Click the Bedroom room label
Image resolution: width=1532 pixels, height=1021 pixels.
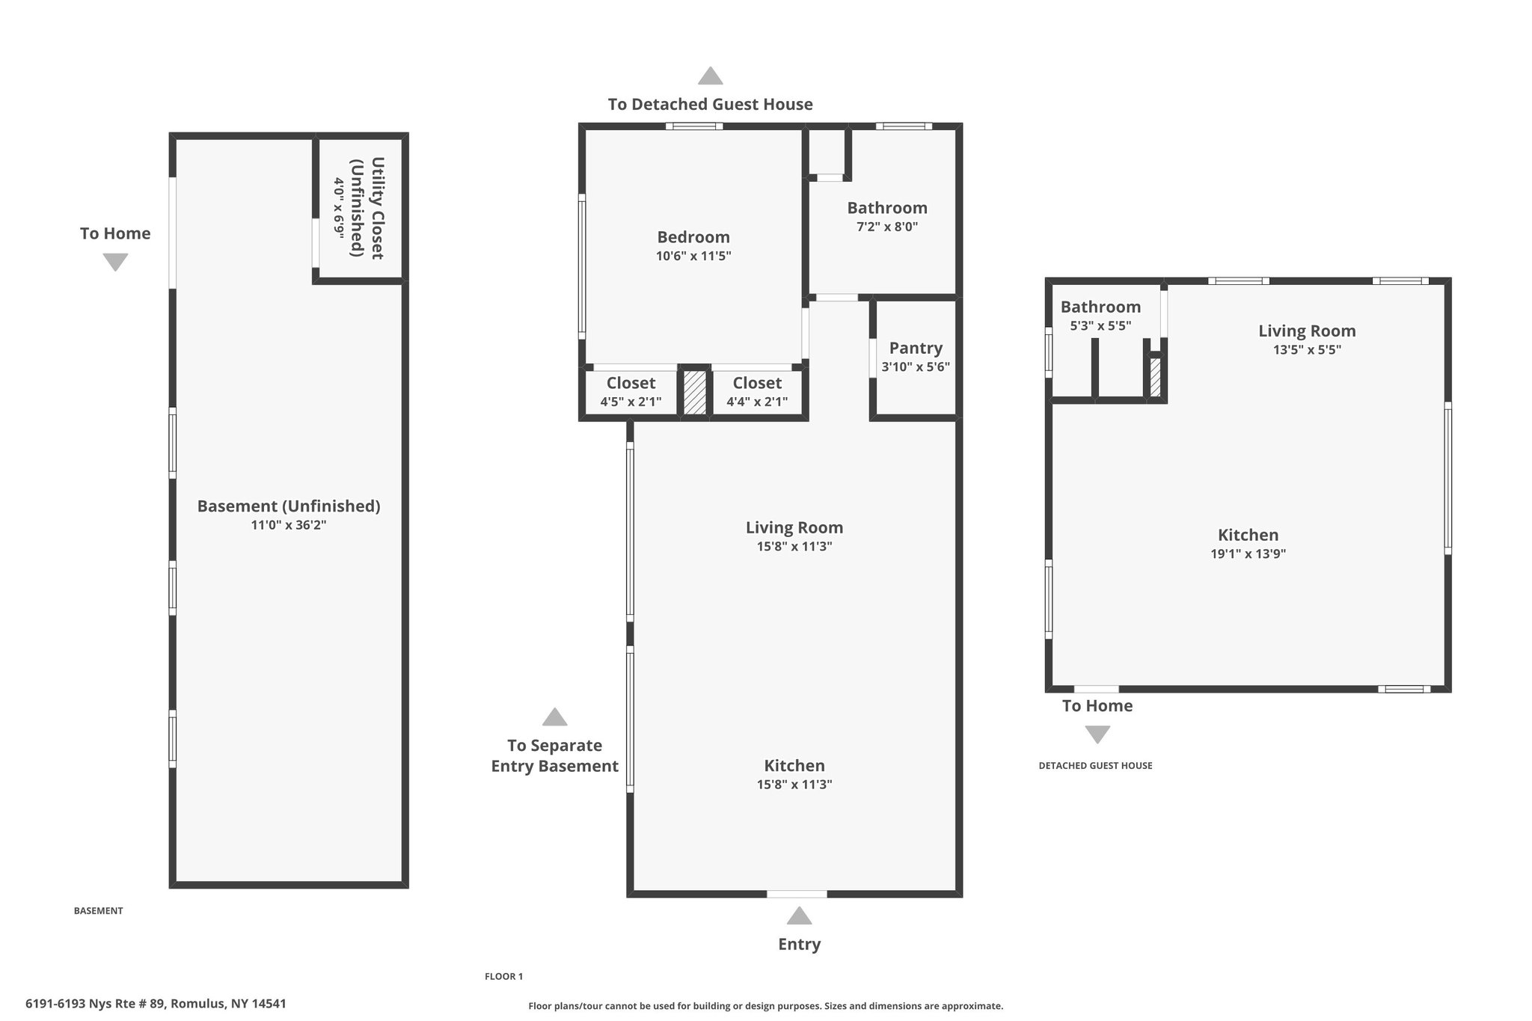693,237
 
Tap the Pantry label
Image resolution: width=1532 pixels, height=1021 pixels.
916,348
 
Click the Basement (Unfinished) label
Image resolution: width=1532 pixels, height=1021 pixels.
289,506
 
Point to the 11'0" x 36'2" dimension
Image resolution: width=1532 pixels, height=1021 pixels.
289,525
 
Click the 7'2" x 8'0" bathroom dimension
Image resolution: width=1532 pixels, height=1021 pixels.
887,227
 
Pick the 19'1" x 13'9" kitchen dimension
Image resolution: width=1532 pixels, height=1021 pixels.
1248,554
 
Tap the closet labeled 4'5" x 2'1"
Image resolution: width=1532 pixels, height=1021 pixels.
631,392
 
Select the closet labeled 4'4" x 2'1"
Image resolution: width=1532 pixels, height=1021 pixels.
757,392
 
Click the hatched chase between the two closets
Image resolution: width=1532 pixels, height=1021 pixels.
695,393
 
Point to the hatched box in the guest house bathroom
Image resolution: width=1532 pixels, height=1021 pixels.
1155,378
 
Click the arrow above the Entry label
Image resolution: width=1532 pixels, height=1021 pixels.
800,916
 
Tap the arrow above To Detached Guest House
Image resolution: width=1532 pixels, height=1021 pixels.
711,76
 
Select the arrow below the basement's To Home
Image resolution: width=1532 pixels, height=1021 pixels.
115,262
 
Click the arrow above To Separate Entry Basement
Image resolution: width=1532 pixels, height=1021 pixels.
554,717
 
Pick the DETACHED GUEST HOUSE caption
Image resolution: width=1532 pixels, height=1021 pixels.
1095,766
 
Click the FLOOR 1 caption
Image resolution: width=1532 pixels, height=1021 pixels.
504,976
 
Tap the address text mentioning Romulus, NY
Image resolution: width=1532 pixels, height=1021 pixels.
156,1004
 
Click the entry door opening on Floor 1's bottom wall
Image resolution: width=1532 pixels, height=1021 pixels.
797,894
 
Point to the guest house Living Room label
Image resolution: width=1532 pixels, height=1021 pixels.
1307,331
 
